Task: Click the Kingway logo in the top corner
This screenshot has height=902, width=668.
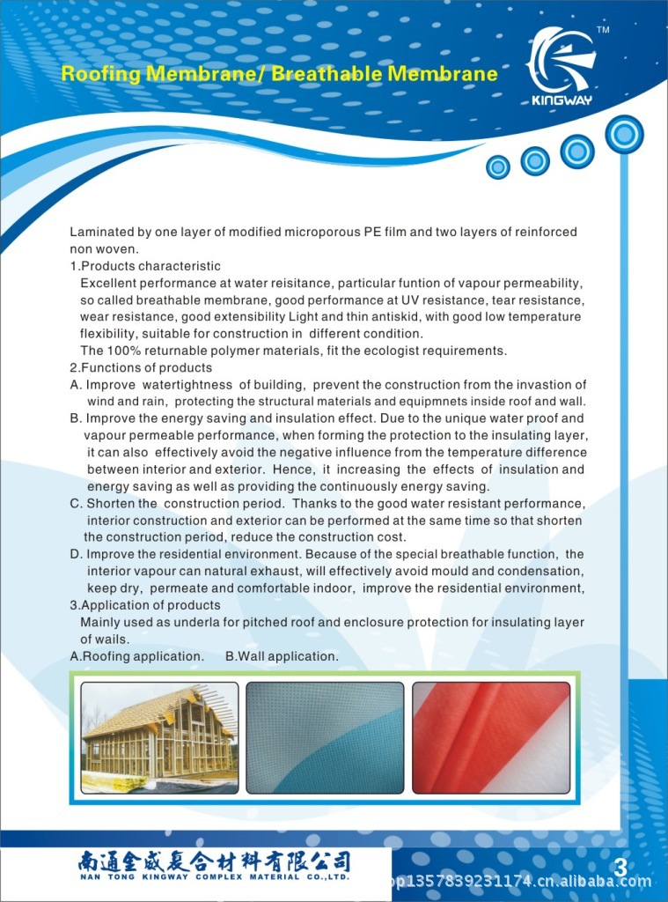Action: click(563, 66)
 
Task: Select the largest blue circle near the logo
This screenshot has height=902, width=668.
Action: click(624, 134)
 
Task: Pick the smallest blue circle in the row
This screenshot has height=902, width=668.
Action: click(498, 166)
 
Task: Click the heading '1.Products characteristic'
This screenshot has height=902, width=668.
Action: click(145, 266)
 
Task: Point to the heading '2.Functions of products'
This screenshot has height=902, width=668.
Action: click(141, 367)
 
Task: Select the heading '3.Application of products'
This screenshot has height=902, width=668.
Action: click(145, 605)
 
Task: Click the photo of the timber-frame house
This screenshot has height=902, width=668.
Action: click(159, 737)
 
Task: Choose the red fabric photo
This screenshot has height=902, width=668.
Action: click(490, 737)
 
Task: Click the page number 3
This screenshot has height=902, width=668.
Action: click(620, 868)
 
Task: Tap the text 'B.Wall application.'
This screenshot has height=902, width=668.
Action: click(282, 656)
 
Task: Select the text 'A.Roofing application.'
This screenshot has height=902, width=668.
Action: click(137, 656)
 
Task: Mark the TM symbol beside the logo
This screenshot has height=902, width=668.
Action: click(603, 31)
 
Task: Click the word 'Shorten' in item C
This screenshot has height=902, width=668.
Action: click(121, 503)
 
